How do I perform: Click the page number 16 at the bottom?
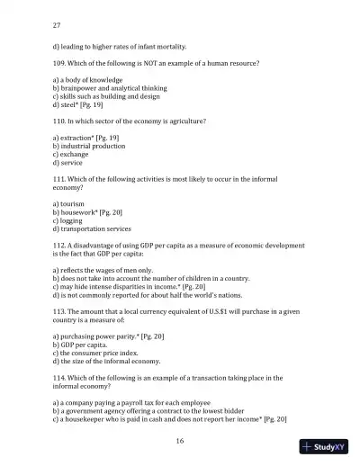(x=180, y=441)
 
